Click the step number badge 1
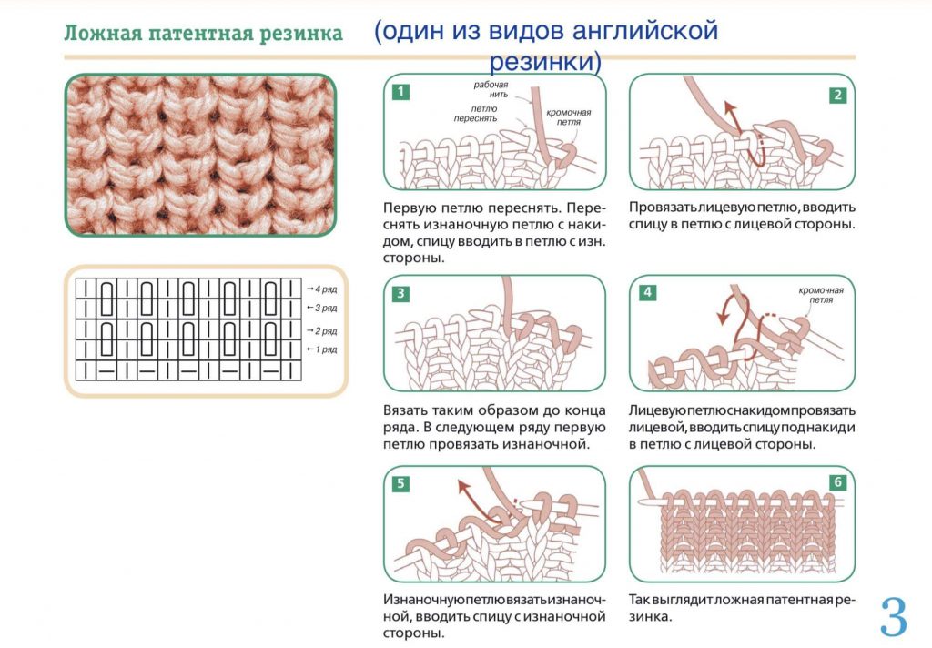(x=400, y=92)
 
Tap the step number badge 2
(x=837, y=95)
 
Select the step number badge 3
(x=400, y=293)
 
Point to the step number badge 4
(x=647, y=292)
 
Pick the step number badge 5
(x=400, y=483)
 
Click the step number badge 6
(x=837, y=483)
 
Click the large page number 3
(x=894, y=617)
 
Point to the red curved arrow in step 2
(x=737, y=127)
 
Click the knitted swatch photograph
(x=200, y=155)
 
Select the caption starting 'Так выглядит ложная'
(x=742, y=607)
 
